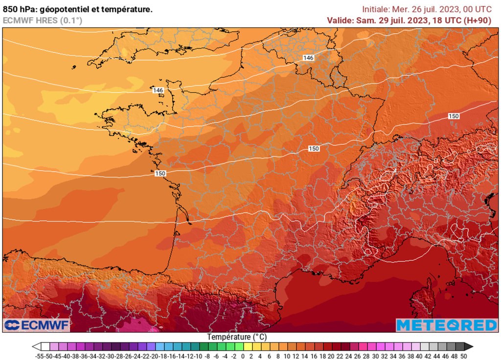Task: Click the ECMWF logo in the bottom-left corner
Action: (x=37, y=325)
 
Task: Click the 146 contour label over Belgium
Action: (x=308, y=58)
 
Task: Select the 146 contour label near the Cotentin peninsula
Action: (x=158, y=90)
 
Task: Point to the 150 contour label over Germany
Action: (x=454, y=116)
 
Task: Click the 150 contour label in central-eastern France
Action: (x=314, y=149)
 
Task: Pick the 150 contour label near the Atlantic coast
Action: (x=159, y=174)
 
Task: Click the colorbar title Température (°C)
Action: (x=237, y=337)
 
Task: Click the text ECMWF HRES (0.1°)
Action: (x=43, y=21)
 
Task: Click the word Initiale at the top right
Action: (x=376, y=9)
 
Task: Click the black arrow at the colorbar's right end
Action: (x=469, y=346)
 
